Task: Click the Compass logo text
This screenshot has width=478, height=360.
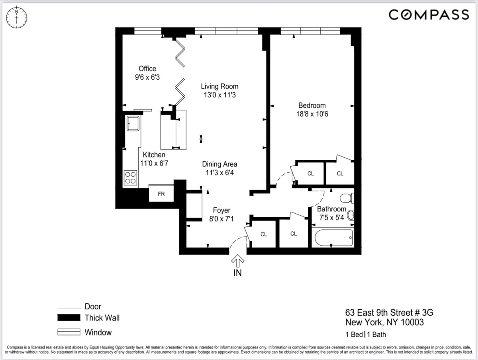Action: pos(429,15)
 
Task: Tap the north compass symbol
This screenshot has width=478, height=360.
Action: pos(16,18)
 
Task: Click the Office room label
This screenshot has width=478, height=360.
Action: pos(147,69)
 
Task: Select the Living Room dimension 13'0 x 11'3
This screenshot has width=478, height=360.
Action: pos(219,95)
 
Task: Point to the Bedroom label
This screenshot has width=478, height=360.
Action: pos(312,105)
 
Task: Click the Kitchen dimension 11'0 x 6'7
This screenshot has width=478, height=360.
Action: pos(155,163)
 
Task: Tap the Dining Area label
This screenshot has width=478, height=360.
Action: pos(219,164)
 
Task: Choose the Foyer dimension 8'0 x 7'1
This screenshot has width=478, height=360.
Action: pos(221,218)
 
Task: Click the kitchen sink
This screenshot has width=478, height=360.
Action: pos(132,123)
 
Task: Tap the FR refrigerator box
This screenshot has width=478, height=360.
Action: pos(161,194)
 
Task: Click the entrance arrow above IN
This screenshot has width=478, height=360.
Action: pos(238,261)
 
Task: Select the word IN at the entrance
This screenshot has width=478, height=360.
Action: pos(238,273)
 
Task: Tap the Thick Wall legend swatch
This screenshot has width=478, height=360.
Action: pos(69,318)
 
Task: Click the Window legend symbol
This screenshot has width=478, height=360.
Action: pos(69,332)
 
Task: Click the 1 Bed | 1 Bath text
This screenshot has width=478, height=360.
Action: pos(365,334)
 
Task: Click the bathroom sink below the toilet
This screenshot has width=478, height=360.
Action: pos(351,216)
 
